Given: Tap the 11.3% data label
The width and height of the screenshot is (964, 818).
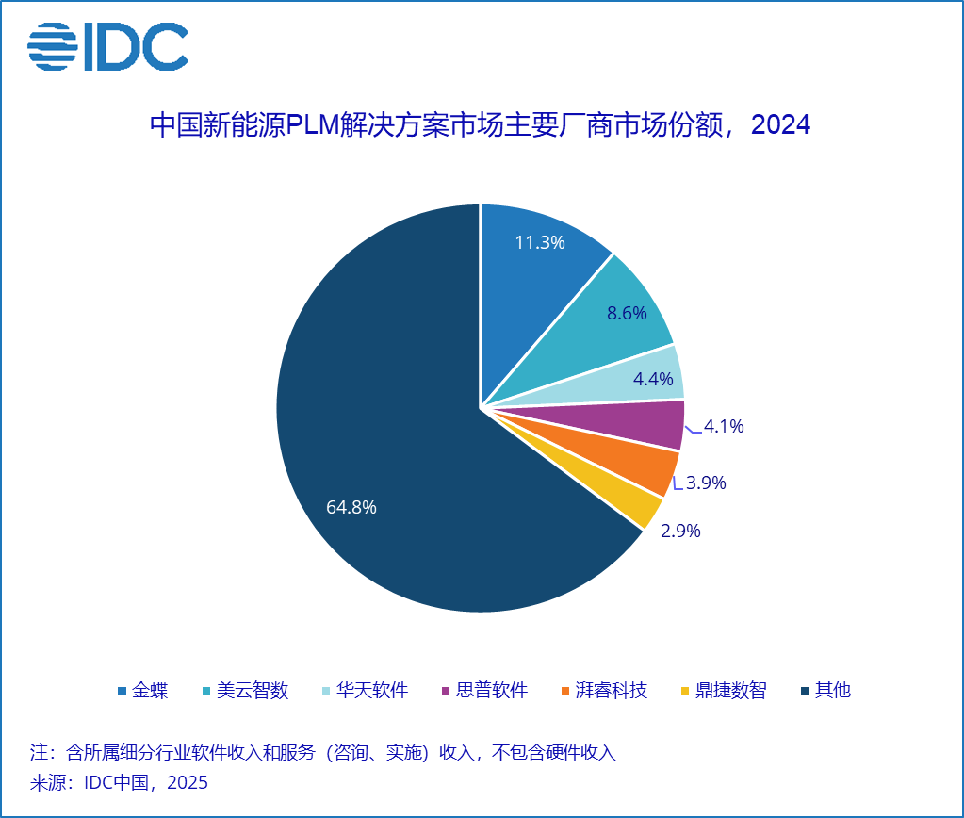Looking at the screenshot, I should click(540, 242).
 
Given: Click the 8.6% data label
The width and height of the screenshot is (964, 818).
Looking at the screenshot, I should click(627, 314).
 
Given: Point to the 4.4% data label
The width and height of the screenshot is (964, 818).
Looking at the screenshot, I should click(653, 380).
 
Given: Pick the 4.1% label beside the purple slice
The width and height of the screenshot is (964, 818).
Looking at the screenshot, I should click(724, 426).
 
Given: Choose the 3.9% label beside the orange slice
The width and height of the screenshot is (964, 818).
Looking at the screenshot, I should click(706, 483).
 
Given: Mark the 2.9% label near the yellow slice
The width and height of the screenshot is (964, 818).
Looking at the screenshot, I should click(680, 531).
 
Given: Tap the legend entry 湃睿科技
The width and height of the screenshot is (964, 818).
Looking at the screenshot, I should click(612, 691).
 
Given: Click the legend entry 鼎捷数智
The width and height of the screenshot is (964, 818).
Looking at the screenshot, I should click(731, 691).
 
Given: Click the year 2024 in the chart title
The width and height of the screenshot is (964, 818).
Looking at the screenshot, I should click(781, 125).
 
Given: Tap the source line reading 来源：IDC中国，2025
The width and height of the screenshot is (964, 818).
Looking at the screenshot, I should click(120, 782).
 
